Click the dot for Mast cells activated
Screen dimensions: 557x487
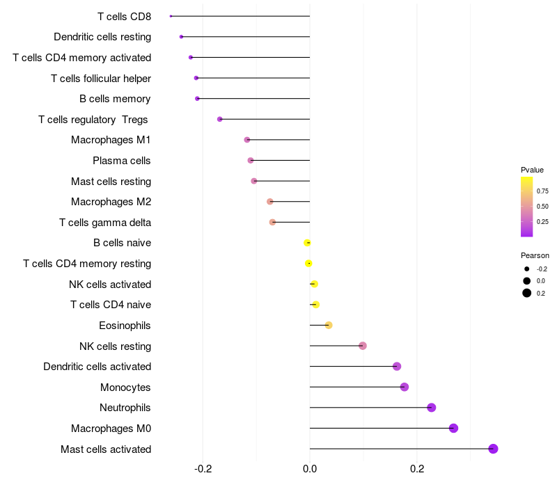[x=493, y=449]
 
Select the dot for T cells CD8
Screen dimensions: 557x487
[x=171, y=16]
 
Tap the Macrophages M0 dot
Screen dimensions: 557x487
[x=453, y=428]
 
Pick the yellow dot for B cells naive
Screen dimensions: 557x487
[x=307, y=243]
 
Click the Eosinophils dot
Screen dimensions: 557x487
[x=329, y=325]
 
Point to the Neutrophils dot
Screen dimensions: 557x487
[x=431, y=408]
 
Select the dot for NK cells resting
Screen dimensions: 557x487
[x=362, y=346]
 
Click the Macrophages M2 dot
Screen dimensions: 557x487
[x=270, y=202]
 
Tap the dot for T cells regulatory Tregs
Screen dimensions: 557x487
[x=219, y=119]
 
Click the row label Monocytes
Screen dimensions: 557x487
[x=125, y=388]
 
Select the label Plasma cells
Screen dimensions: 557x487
[x=121, y=161]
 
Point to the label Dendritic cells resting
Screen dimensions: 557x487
[x=102, y=37]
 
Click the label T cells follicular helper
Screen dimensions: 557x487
[x=101, y=79]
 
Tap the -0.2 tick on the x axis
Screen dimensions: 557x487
[x=203, y=469]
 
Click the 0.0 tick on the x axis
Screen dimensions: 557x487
[x=310, y=469]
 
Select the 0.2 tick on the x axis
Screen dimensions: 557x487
[x=417, y=469]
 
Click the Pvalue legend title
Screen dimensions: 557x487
[x=532, y=170]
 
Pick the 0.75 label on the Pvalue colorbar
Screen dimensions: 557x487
[x=542, y=191]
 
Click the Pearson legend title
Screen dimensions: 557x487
[x=535, y=255]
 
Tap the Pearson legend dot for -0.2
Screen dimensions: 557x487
[x=527, y=269]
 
